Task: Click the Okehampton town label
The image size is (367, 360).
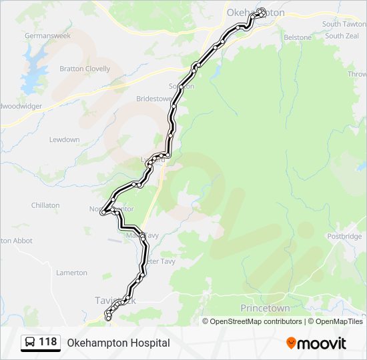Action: tap(256, 13)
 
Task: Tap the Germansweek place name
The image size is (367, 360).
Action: tap(47, 35)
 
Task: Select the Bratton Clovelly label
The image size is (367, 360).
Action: tap(85, 69)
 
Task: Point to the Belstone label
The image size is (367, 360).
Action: tap(298, 37)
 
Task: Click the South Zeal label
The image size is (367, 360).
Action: tap(342, 36)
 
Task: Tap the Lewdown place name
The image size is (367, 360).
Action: tap(65, 140)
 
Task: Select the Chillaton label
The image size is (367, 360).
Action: tap(45, 206)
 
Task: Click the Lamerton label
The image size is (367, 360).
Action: tap(72, 273)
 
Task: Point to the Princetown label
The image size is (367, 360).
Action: tap(266, 309)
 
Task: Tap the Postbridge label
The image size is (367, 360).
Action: tap(344, 237)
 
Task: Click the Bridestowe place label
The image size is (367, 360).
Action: tap(154, 99)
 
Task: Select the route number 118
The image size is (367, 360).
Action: tap(47, 342)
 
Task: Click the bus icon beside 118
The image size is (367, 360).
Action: tap(30, 343)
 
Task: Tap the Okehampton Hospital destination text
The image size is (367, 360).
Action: tap(118, 343)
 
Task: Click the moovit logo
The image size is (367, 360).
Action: tap(316, 343)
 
